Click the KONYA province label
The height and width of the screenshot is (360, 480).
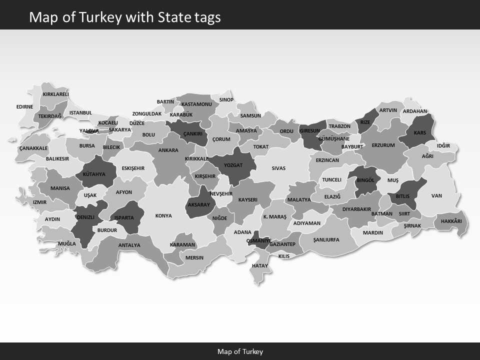pyautogui.click(x=163, y=216)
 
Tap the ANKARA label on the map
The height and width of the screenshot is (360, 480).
pyautogui.click(x=168, y=150)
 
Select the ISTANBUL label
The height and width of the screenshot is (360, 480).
pyautogui.click(x=80, y=113)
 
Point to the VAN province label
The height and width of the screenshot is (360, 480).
pyautogui.click(x=436, y=196)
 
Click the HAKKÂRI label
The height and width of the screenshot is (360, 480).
pyautogui.click(x=451, y=221)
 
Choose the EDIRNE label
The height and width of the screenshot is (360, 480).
pyautogui.click(x=24, y=106)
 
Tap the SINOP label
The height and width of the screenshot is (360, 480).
pyautogui.click(x=226, y=100)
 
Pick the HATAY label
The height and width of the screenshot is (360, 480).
pyautogui.click(x=260, y=265)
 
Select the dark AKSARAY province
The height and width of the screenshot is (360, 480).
pyautogui.click(x=199, y=204)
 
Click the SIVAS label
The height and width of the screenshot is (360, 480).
pyautogui.click(x=278, y=168)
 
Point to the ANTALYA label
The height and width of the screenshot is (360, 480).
pyautogui.click(x=129, y=245)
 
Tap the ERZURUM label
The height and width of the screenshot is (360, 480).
pyautogui.click(x=383, y=145)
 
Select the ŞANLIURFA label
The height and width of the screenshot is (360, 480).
pyautogui.click(x=326, y=240)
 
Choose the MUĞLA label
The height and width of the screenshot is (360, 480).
pyautogui.click(x=67, y=244)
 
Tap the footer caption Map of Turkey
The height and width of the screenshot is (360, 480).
pyautogui.click(x=240, y=351)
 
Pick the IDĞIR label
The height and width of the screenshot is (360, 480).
pyautogui.click(x=443, y=146)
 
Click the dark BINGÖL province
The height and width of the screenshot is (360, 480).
pyautogui.click(x=365, y=181)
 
